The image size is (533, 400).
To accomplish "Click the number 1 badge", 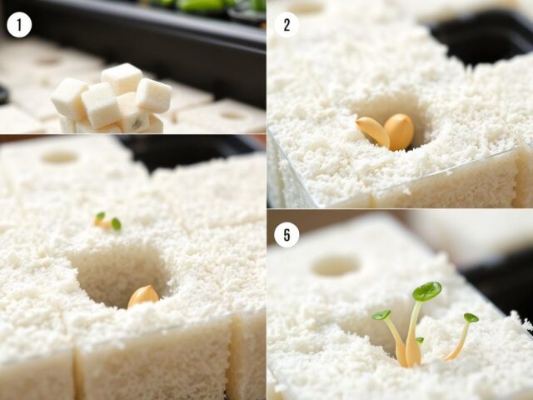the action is [19, 25].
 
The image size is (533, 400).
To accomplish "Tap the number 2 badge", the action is [286, 25].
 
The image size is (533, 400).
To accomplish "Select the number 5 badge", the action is [286, 235].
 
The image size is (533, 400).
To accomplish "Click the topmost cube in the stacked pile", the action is [122, 78].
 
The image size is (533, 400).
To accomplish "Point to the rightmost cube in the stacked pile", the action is [154, 95].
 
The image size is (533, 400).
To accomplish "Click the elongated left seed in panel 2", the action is [373, 132].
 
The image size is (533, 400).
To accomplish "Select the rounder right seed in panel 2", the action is [399, 132].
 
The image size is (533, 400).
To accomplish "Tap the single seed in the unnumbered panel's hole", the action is [142, 296].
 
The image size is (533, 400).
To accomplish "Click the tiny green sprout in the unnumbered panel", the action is [107, 222].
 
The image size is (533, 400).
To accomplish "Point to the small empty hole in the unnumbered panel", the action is [60, 157].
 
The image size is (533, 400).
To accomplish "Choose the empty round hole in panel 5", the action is [336, 266].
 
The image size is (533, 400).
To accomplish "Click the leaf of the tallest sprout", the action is [427, 291].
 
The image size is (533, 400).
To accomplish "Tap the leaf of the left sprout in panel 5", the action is [381, 315].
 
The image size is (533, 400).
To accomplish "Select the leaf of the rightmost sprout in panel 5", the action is [471, 317].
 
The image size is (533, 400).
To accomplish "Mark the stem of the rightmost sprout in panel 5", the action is [459, 342].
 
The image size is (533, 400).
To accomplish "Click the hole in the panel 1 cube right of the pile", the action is [232, 115].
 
